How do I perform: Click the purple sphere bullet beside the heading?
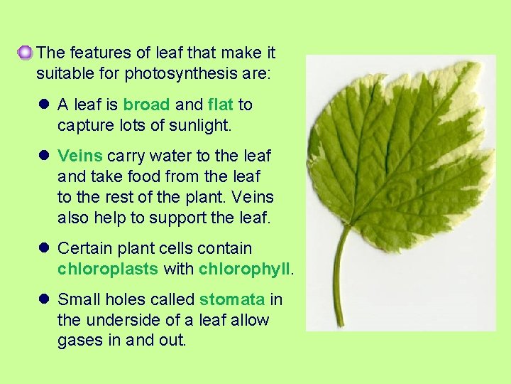pos(26,52)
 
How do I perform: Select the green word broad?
pos(146,105)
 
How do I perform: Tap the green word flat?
pos(221,105)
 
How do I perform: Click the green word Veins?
pos(79,155)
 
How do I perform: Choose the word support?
pos(185,218)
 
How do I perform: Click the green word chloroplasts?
pos(108,269)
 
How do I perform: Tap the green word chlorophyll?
pos(244,269)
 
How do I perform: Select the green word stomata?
pos(233,299)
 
